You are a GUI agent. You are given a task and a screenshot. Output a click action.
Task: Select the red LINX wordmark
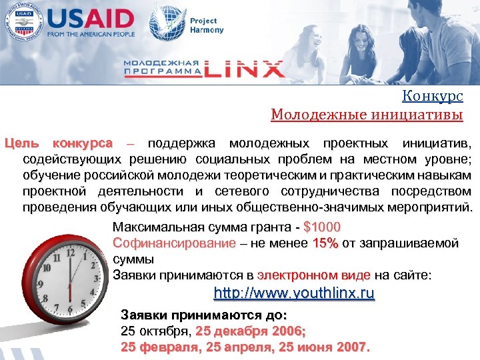pyautogui.click(x=243, y=67)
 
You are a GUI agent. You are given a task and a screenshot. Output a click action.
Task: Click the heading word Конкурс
pyautogui.click(x=433, y=97)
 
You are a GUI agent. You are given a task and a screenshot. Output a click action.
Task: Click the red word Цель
pyautogui.click(x=18, y=143)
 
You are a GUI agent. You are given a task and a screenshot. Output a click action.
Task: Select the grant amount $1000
pyautogui.click(x=321, y=227)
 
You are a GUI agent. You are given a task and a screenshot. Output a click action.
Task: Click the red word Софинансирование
pyautogui.click(x=174, y=243)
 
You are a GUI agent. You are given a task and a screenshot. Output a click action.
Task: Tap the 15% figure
pyautogui.click(x=325, y=243)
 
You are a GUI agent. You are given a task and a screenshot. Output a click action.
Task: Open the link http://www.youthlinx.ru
pyautogui.click(x=293, y=293)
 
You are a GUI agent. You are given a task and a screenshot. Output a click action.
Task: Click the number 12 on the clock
pyautogui.click(x=86, y=254)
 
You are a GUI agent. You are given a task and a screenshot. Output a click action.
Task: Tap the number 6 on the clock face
pyautogui.click(x=69, y=310)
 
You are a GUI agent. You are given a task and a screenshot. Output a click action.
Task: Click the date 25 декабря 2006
pyautogui.click(x=250, y=331)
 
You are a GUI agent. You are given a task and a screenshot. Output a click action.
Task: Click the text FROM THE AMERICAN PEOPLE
pyautogui.click(x=92, y=34)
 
